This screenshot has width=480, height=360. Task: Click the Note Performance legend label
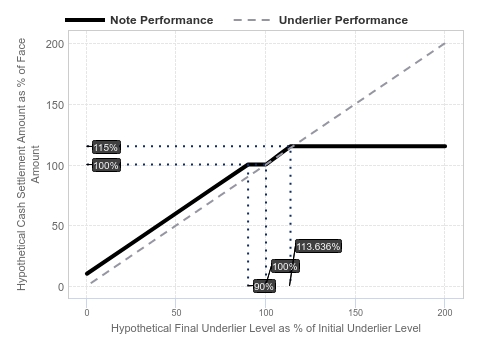(x=162, y=20)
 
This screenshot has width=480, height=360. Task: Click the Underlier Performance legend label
(x=343, y=20)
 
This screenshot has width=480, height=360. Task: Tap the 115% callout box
(x=106, y=147)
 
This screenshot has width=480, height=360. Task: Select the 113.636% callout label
(x=318, y=246)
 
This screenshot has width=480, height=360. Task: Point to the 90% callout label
(x=264, y=286)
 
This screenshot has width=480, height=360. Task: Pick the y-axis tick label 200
(x=55, y=44)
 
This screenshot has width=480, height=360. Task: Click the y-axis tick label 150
(x=55, y=105)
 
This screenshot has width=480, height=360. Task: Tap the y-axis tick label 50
(x=58, y=226)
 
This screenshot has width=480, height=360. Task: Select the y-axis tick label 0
(x=61, y=287)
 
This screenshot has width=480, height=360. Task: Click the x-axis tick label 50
(x=176, y=313)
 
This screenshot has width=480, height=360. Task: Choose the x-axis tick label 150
(x=355, y=313)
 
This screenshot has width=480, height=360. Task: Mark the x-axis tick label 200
(x=445, y=313)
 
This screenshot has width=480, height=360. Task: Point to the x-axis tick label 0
(x=87, y=313)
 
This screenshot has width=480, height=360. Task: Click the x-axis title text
(x=266, y=328)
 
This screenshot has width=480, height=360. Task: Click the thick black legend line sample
(x=85, y=20)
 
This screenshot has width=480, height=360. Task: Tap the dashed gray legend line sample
(x=253, y=20)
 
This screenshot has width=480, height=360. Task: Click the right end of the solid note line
(x=445, y=146)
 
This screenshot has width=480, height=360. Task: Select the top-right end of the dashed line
(x=445, y=43)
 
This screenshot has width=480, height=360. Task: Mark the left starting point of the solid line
(x=87, y=274)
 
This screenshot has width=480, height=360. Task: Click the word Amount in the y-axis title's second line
(x=35, y=164)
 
